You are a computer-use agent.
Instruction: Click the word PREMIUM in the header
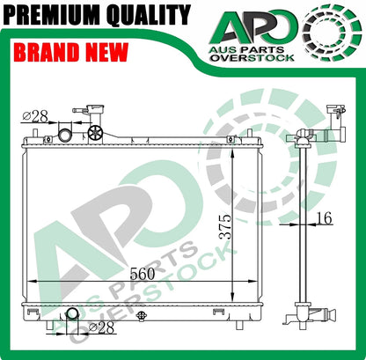coord(53,15)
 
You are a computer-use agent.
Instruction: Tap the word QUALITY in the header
coord(149,16)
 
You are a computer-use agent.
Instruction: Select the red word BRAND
coord(46,52)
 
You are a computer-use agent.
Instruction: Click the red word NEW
coord(106,52)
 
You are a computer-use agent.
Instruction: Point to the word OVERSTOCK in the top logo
coord(253,57)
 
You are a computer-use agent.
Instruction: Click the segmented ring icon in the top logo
coord(332,32)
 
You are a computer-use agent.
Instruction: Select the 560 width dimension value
coord(142,274)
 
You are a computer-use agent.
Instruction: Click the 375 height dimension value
coord(226,227)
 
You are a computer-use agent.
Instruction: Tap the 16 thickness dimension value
coord(325,217)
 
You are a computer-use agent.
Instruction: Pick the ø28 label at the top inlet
coord(35,116)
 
